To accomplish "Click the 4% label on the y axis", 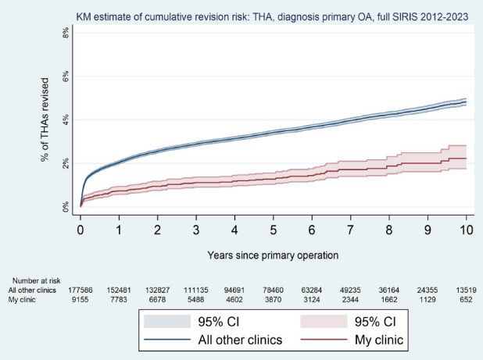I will click(x=65, y=120).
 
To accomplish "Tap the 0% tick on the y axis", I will click(x=65, y=207).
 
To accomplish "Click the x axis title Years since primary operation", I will click(x=273, y=255).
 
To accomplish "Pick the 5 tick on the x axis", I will click(x=274, y=231).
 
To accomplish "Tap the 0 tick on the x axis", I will click(x=80, y=231).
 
